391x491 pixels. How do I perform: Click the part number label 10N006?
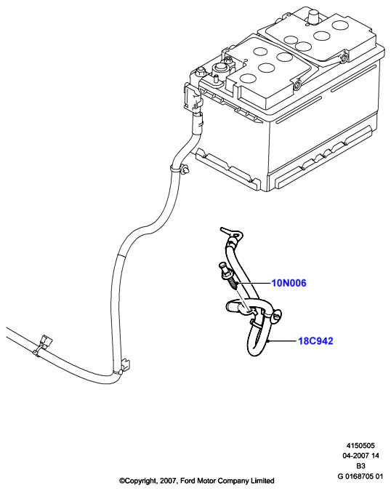pos(289,283)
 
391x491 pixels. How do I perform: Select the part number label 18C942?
pos(315,340)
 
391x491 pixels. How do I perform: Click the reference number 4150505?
pos(360,445)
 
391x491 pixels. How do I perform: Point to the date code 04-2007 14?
pos(360,455)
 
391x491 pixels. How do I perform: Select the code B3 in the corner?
pos(360,466)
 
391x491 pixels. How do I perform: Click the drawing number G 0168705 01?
pos(360,476)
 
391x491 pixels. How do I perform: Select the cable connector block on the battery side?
pos(193,99)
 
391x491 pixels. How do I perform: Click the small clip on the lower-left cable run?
pos(43,346)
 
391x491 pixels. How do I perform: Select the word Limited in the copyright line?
pos(263,480)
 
